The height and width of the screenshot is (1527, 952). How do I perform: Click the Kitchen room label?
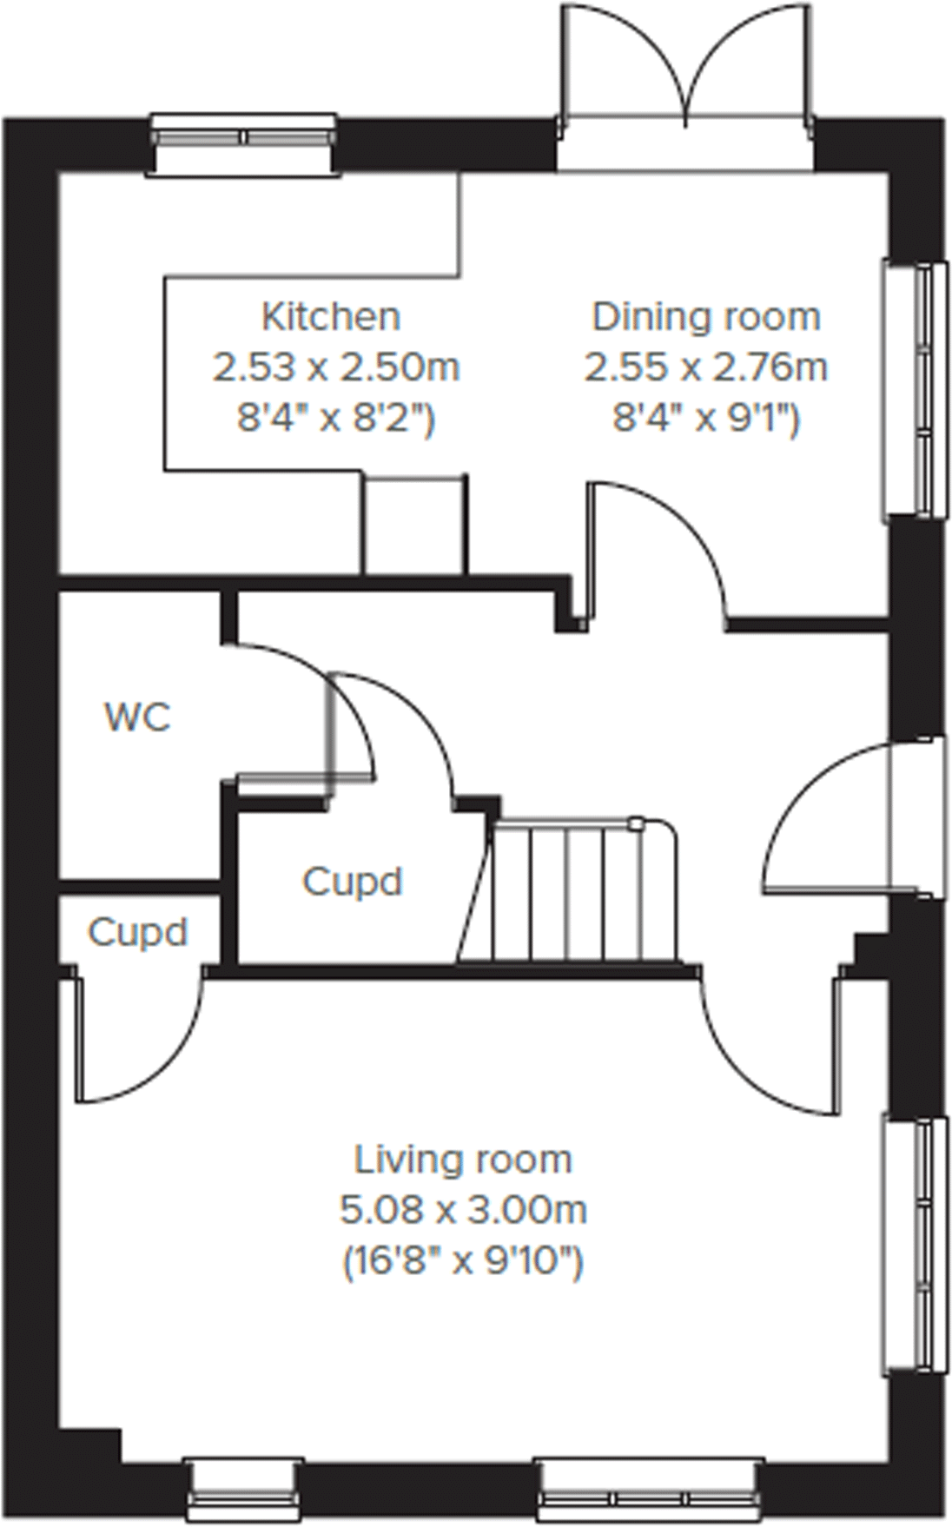coord(331,316)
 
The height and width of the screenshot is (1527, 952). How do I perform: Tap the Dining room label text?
coord(705,316)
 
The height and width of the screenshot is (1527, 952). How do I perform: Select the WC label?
coord(137,717)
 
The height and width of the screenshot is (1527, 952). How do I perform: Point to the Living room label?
coord(463,1160)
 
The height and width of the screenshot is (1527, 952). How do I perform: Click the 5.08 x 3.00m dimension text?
coord(463,1209)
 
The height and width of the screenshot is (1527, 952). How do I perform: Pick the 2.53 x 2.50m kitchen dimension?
coord(335,367)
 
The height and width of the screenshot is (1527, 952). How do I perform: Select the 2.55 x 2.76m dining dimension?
coord(705,367)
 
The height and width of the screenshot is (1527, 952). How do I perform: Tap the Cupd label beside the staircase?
coord(352,882)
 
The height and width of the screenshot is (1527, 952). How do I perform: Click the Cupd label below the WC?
coord(137,932)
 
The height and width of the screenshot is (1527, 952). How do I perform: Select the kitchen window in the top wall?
coord(243,138)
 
